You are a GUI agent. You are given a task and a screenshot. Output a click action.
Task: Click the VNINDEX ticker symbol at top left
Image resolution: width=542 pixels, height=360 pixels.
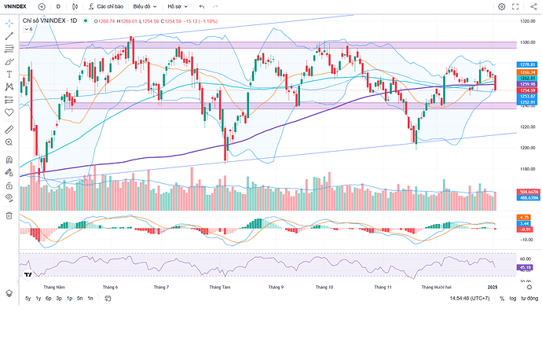pyautogui.click(x=16, y=6)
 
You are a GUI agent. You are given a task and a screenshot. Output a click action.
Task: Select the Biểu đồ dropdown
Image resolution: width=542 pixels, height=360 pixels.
pyautogui.click(x=145, y=6)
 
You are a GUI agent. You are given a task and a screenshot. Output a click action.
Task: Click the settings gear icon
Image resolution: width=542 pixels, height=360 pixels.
pyautogui.click(x=502, y=6)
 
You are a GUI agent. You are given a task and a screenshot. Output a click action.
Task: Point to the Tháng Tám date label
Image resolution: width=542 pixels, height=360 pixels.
pyautogui.click(x=220, y=288)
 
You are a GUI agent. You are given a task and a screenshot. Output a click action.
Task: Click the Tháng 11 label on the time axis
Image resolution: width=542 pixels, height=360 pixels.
pyautogui.click(x=383, y=288)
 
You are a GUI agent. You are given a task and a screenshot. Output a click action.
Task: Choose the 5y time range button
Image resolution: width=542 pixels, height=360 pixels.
pyautogui.click(x=28, y=299)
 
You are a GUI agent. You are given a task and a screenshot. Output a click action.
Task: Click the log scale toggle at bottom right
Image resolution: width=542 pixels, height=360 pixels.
pyautogui.click(x=514, y=299)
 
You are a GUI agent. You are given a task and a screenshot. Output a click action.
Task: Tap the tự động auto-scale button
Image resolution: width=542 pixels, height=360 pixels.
pyautogui.click(x=529, y=299)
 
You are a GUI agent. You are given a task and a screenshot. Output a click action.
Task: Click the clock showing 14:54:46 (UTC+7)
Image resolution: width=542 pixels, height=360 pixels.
pyautogui.click(x=471, y=299)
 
